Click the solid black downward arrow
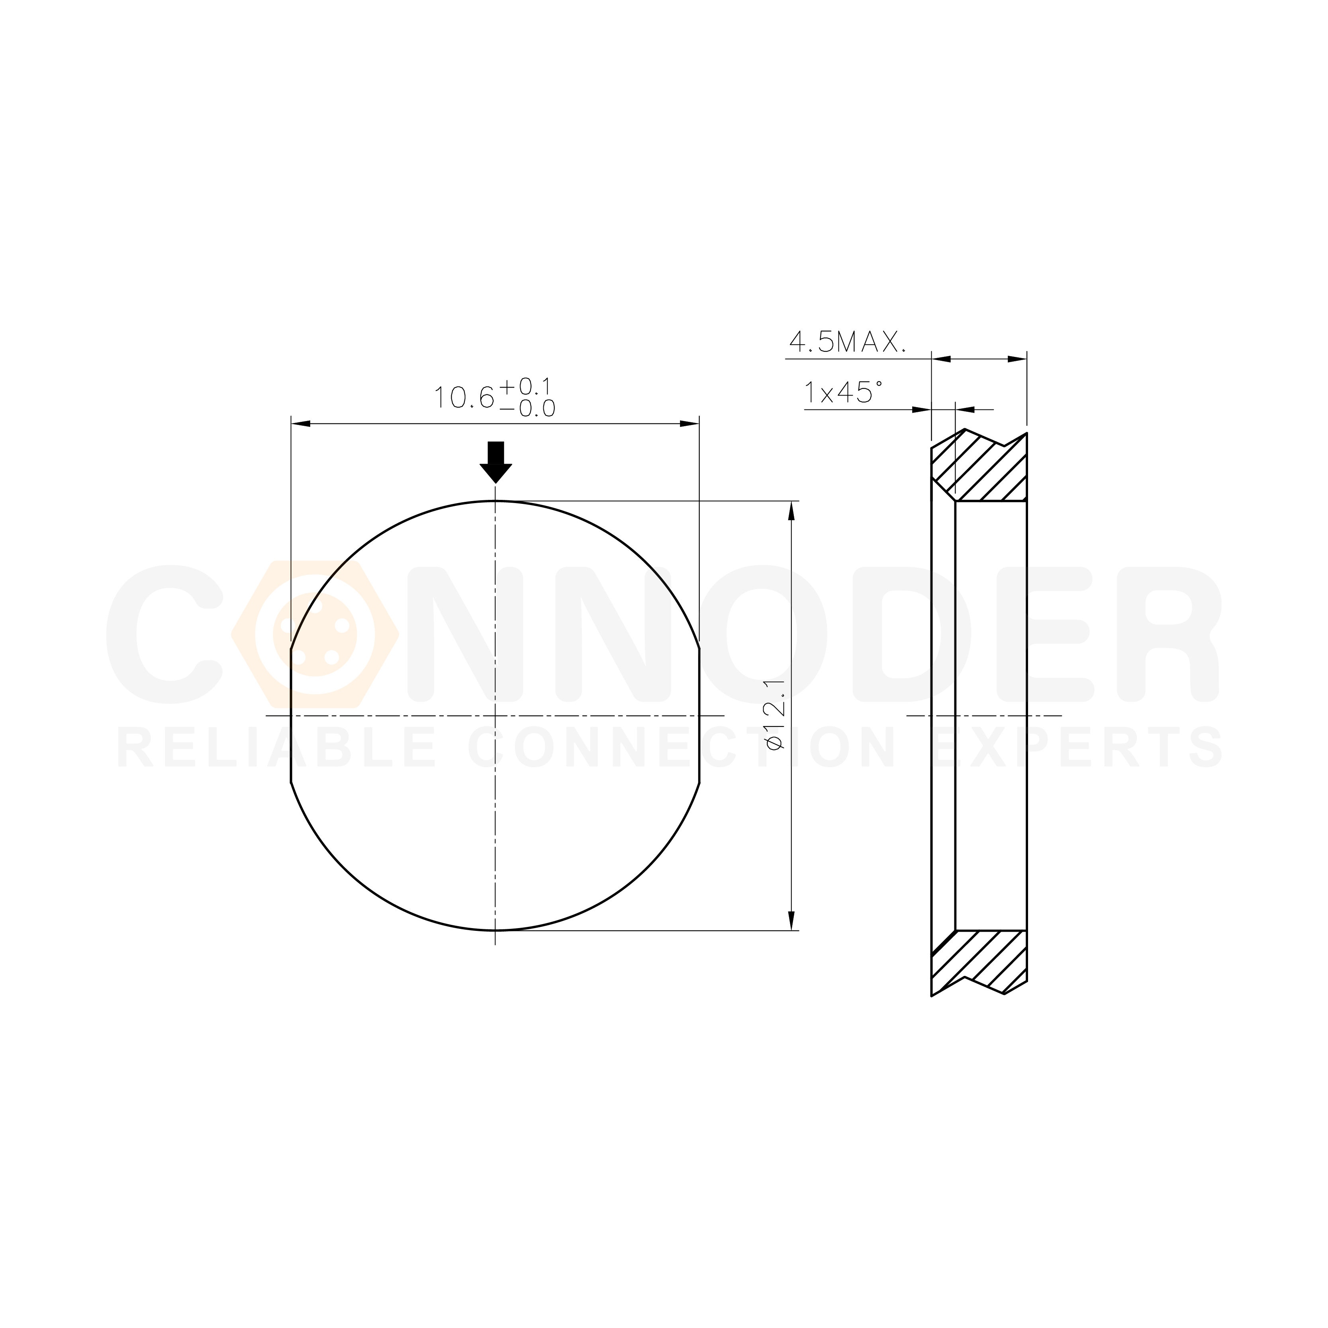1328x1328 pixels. [x=496, y=462]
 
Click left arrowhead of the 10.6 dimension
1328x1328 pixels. [x=300, y=424]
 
